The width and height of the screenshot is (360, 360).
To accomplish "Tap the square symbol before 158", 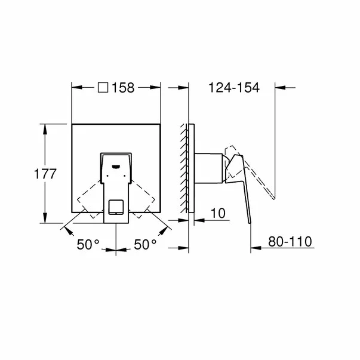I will click(x=103, y=88).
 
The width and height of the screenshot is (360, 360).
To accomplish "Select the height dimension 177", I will click(x=45, y=174).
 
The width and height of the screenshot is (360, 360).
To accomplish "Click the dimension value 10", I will click(x=219, y=213).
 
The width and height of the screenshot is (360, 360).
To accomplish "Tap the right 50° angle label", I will click(x=144, y=244).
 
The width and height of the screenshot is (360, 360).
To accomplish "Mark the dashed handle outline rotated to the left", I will click(x=86, y=196).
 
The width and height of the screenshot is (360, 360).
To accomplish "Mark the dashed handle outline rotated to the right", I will click(x=146, y=196).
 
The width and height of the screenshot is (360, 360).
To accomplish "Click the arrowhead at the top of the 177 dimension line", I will click(x=43, y=127).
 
